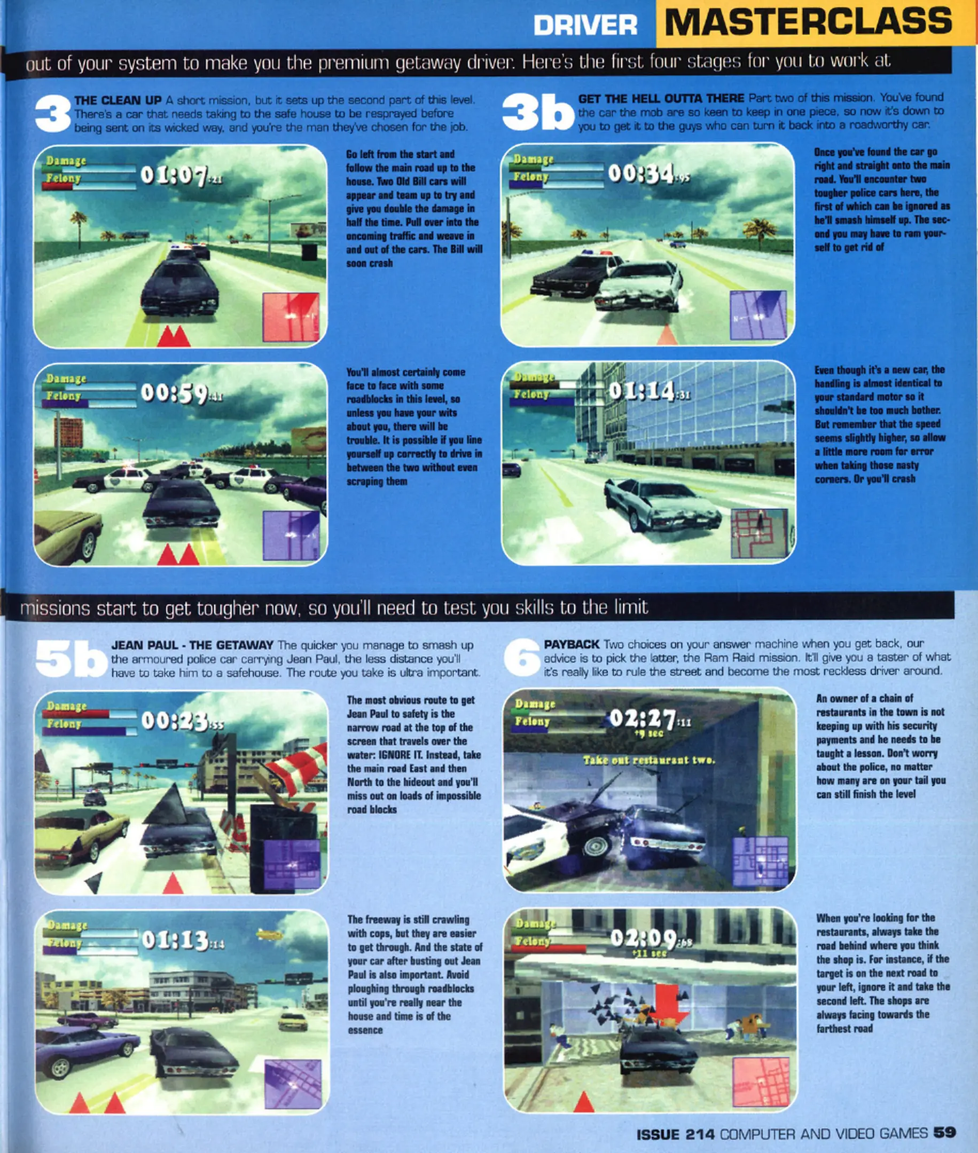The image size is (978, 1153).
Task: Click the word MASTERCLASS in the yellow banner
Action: (x=808, y=22)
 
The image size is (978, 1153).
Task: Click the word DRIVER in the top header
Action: (x=585, y=26)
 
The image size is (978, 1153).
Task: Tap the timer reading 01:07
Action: (x=181, y=176)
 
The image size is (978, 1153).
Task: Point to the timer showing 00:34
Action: (x=649, y=173)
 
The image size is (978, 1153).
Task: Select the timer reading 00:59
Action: (x=182, y=393)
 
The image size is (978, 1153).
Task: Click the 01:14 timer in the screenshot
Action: (x=650, y=391)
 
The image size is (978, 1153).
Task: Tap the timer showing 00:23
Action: (x=183, y=721)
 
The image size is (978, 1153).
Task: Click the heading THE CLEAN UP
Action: (x=118, y=100)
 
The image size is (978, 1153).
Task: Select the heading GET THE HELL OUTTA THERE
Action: (x=661, y=99)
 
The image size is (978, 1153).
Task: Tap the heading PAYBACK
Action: (x=572, y=644)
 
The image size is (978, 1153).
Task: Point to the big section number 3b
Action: (x=538, y=113)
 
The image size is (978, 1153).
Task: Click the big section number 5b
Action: (x=71, y=659)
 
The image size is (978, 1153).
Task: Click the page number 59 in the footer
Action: (x=945, y=1133)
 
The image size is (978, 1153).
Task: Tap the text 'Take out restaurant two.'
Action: (x=648, y=760)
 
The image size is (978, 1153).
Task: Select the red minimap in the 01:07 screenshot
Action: (x=291, y=318)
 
